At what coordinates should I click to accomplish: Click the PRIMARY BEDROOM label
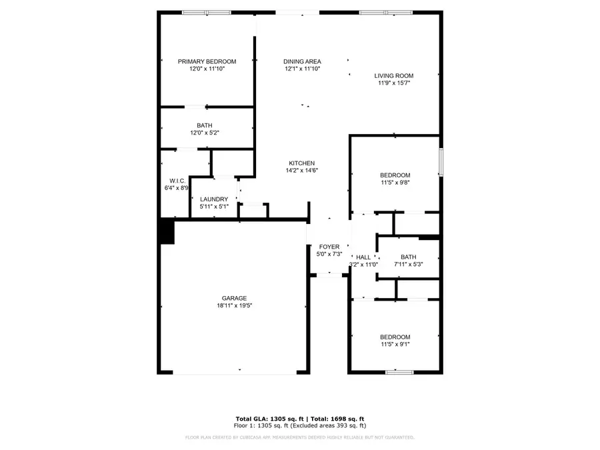point(207,61)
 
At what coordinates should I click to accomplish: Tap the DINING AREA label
point(303,61)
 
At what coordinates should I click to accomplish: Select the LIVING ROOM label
point(393,76)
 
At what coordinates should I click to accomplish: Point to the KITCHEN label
point(302,163)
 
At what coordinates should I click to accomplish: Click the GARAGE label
point(235,298)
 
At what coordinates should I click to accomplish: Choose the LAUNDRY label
point(214,199)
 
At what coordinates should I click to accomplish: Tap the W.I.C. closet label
point(177,181)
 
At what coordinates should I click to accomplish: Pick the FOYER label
point(329,247)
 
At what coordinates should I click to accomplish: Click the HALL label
point(363,257)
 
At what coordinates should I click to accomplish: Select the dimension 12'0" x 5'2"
point(204,133)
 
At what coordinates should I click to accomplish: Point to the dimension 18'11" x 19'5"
point(235,305)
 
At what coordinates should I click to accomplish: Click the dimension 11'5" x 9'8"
point(395,183)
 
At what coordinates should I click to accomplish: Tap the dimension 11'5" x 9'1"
point(395,344)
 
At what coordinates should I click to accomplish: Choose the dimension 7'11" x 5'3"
point(408,264)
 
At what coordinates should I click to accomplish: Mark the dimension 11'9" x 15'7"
point(393,83)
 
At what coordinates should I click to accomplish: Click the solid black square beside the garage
point(166,232)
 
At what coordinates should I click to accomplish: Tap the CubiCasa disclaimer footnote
point(299,438)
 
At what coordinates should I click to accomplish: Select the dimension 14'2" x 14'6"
point(302,171)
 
